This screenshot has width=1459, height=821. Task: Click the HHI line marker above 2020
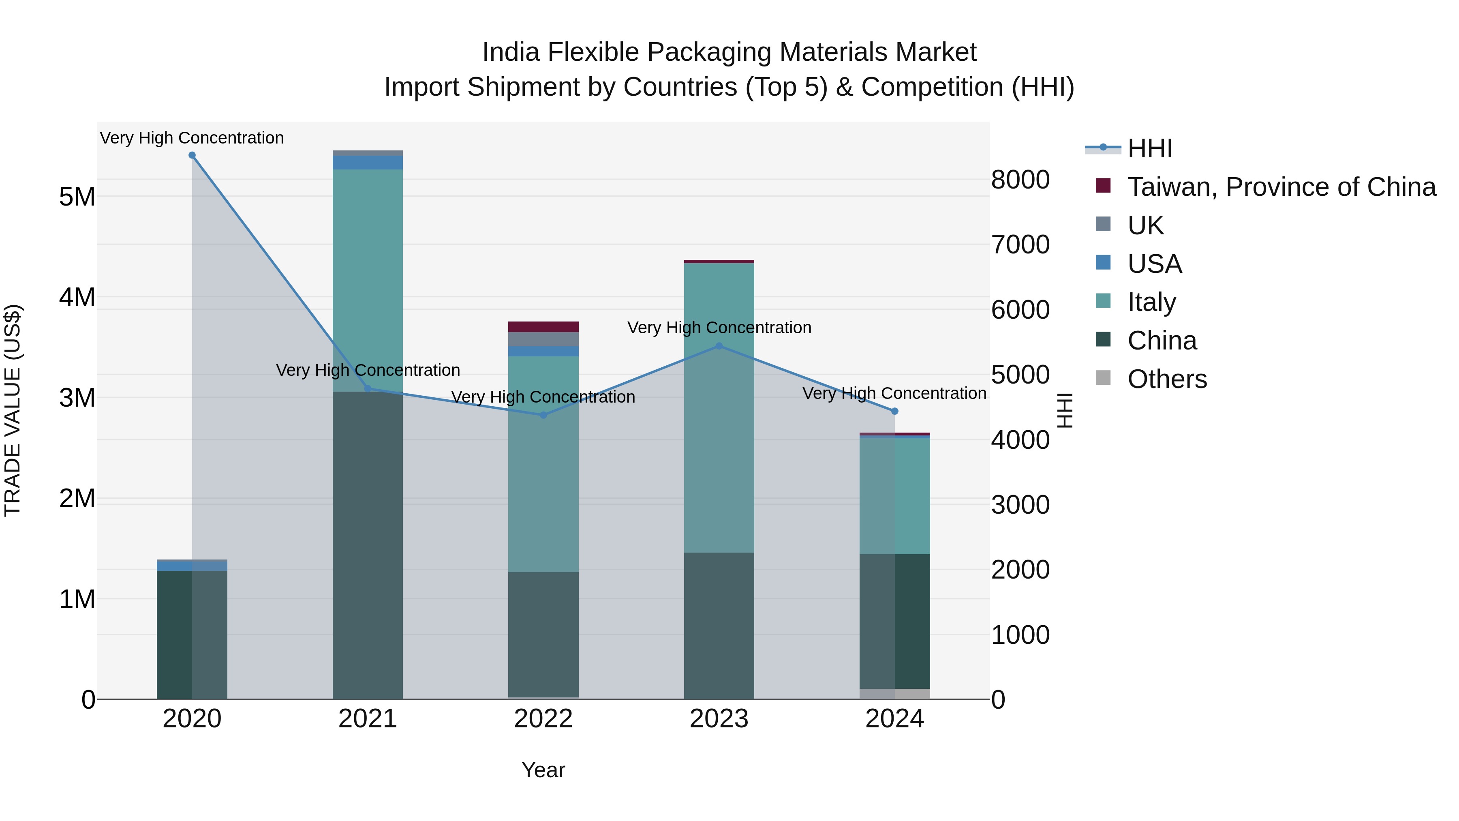point(192,155)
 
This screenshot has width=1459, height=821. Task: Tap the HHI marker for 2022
point(543,415)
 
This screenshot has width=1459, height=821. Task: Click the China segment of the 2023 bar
point(719,626)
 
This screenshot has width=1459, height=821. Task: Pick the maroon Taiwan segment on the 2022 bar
point(543,327)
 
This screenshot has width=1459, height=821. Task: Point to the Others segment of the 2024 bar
point(895,694)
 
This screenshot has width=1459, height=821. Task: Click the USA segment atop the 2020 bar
point(192,566)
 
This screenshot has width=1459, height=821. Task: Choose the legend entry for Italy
point(1151,302)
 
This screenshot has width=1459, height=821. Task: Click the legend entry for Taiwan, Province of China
point(1281,187)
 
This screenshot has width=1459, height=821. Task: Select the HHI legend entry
point(1149,148)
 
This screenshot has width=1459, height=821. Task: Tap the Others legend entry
point(1167,379)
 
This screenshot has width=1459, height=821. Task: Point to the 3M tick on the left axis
point(77,398)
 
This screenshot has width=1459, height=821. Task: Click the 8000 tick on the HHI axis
point(1020,180)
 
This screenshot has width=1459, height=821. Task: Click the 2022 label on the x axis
point(543,719)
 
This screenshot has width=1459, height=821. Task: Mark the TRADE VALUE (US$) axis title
point(13,410)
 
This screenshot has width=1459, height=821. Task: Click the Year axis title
point(543,770)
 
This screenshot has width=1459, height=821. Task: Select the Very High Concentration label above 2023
point(719,328)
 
